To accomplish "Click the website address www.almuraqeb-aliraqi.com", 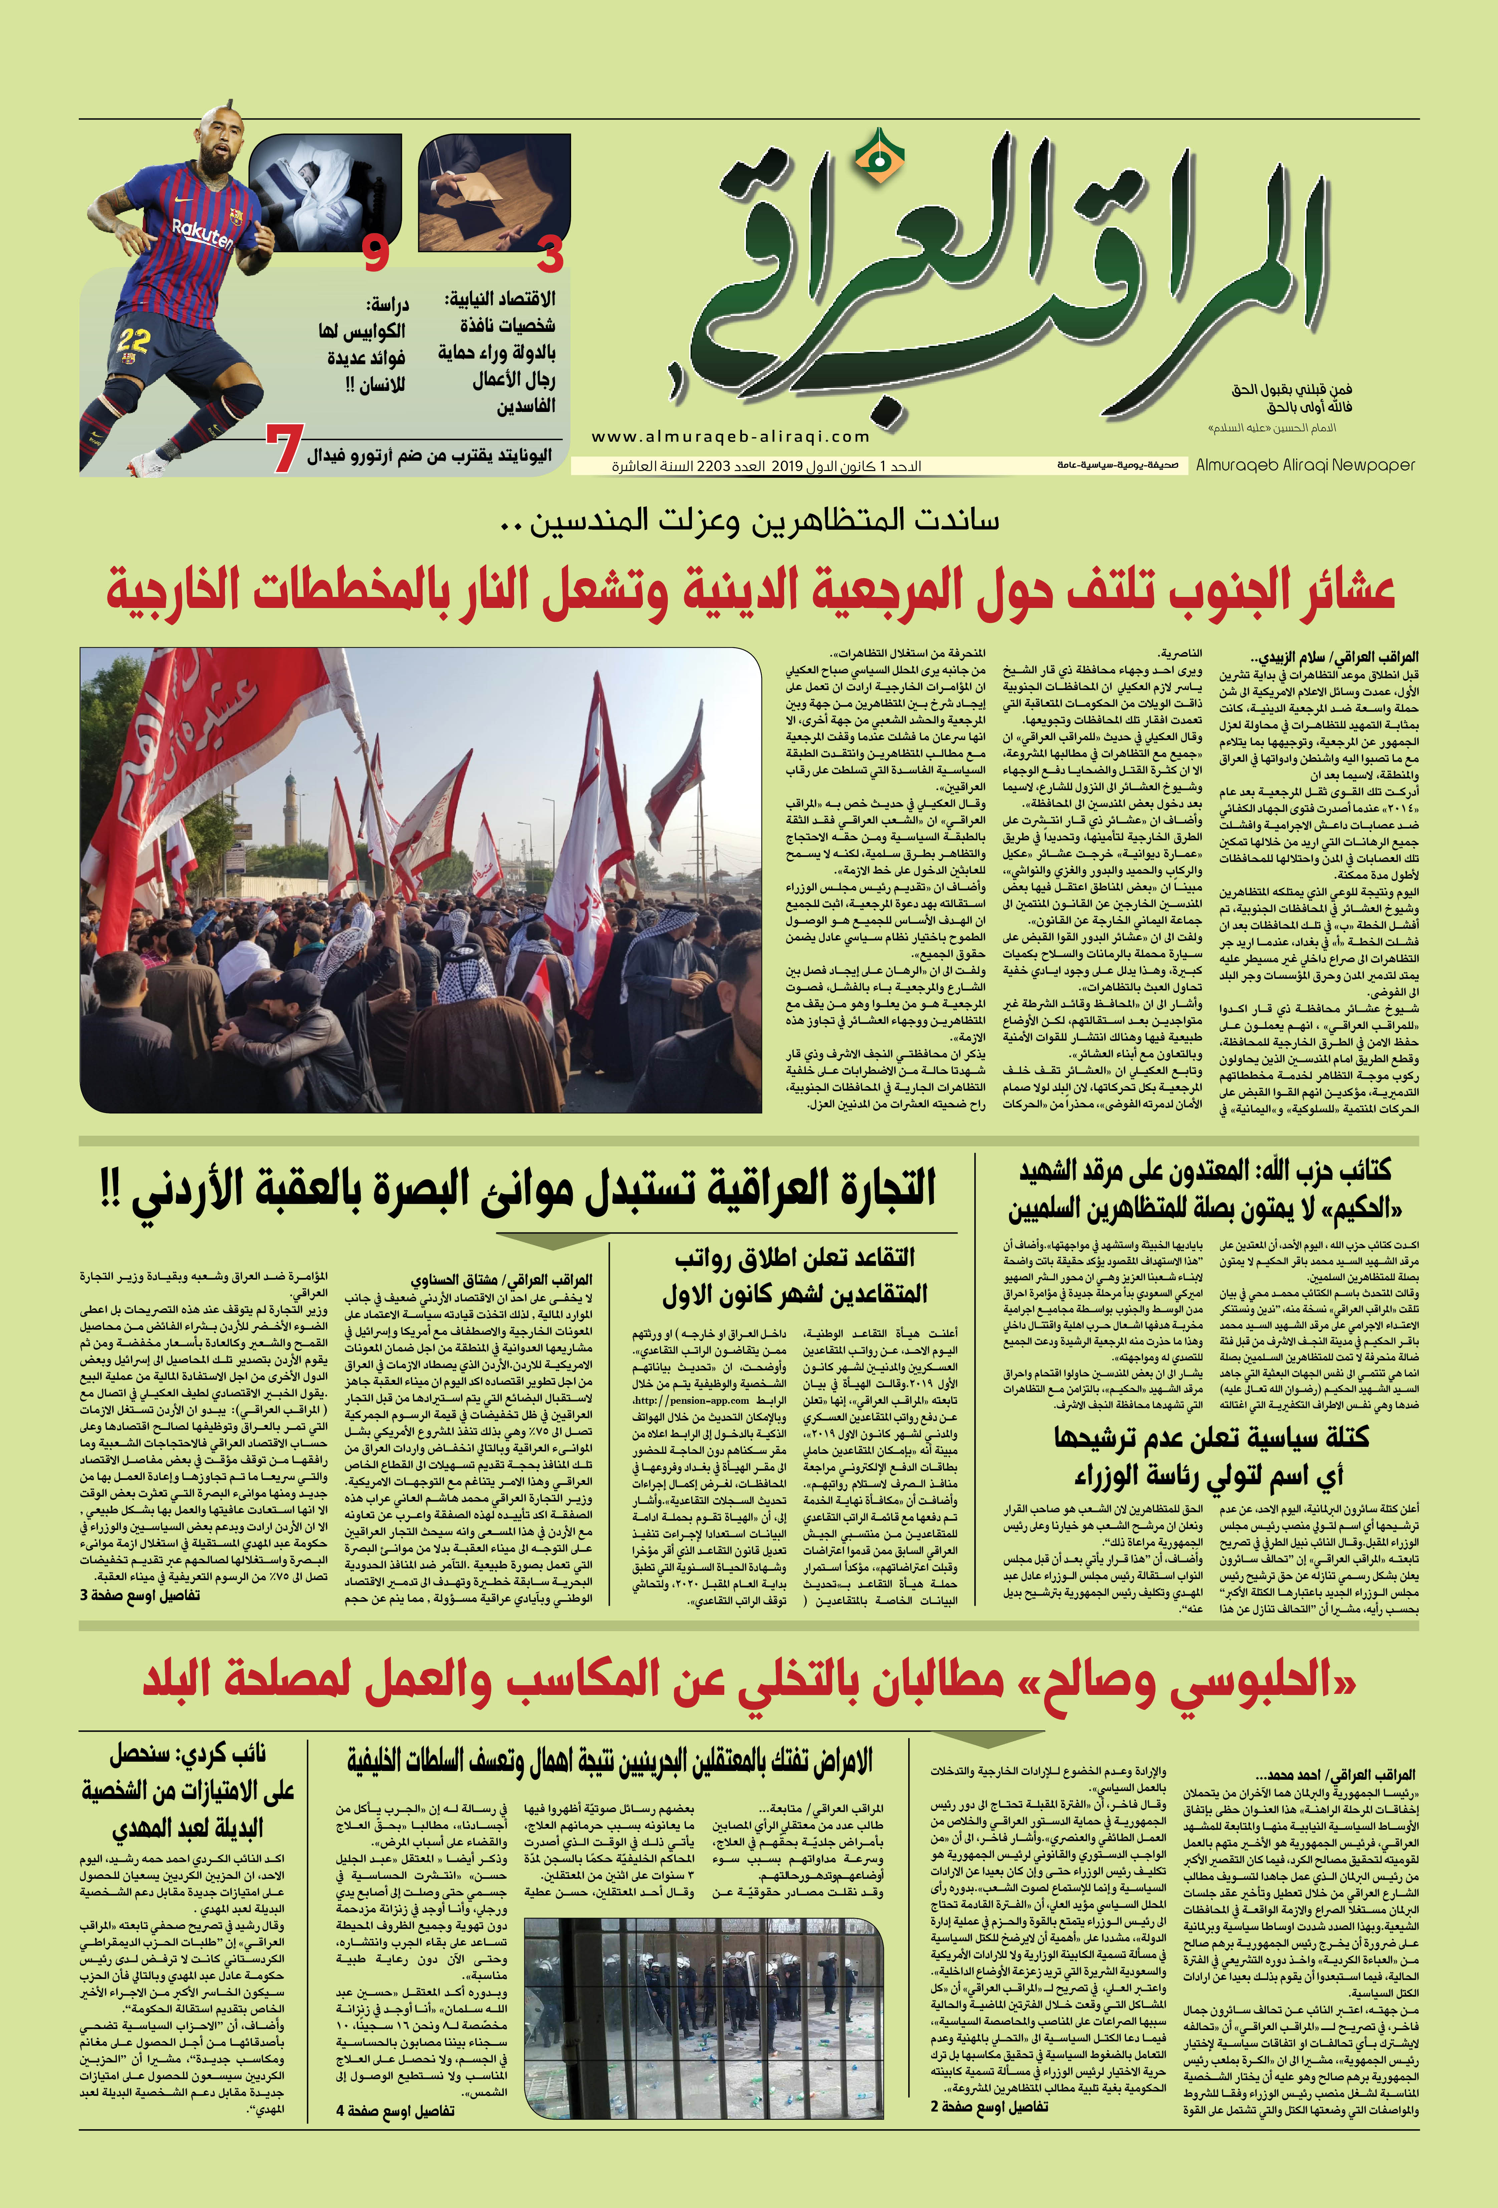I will pos(731,437).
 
